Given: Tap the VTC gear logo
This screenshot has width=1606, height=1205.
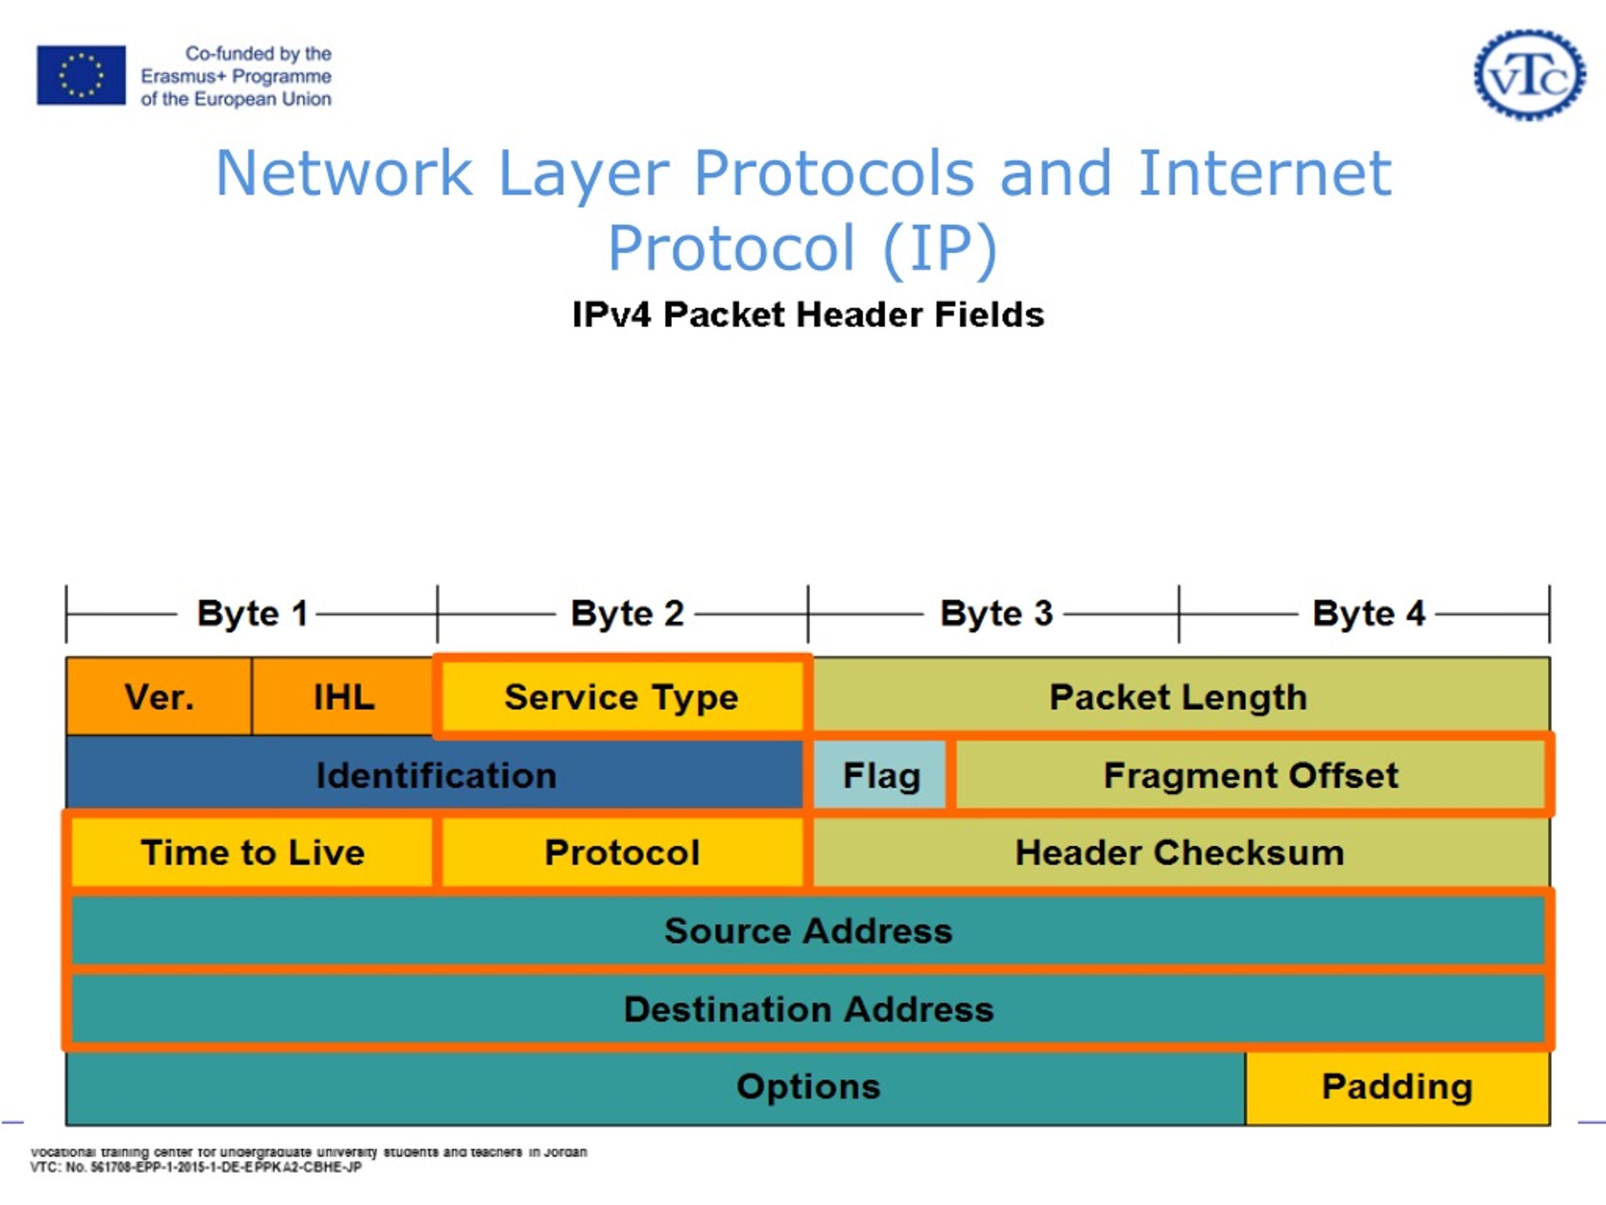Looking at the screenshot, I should tap(1529, 75).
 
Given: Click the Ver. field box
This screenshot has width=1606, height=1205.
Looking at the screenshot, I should tap(159, 697).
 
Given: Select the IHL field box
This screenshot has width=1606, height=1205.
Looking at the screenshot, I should tap(343, 697).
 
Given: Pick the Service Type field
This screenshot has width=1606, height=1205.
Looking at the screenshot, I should tap(622, 697).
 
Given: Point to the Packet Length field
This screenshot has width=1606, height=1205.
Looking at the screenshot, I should tap(1179, 697).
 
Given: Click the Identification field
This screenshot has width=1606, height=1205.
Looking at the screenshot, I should tap(435, 775).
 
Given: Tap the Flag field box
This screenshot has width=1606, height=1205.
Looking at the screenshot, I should tap(881, 775).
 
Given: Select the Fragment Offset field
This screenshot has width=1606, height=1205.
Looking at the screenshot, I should tap(1250, 775).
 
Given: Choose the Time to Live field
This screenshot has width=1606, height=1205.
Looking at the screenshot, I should tap(253, 853).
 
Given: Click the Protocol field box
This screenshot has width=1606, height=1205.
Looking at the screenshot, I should tap(622, 853).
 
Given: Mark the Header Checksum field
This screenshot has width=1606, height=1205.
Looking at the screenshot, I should tap(1179, 853).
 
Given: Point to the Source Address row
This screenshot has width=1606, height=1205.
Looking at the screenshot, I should tap(807, 931).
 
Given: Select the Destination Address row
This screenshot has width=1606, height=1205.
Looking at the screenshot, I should tap(807, 1010).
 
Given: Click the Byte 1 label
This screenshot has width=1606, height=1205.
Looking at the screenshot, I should tap(252, 614).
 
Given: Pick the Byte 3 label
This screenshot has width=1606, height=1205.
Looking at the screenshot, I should tap(996, 614).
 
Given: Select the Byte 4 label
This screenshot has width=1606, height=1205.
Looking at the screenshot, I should tap(1368, 614).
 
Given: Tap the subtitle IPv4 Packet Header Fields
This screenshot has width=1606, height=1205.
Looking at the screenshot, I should tap(807, 314).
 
